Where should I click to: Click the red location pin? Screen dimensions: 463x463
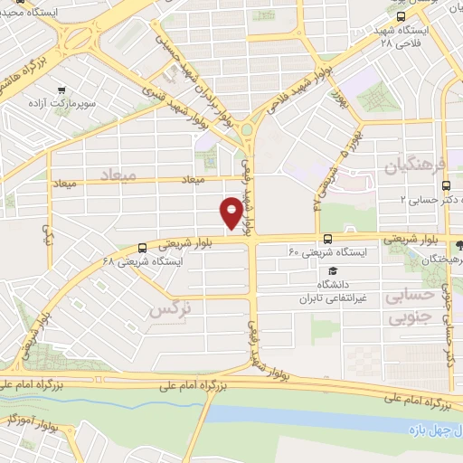click(x=231, y=213)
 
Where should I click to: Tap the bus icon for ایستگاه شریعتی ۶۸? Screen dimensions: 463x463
click(x=142, y=248)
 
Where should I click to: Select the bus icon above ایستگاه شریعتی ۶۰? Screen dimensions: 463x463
click(x=326, y=240)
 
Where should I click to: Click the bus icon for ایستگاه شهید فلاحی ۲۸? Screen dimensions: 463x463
click(x=402, y=16)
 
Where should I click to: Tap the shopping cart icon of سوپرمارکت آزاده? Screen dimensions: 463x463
click(x=61, y=90)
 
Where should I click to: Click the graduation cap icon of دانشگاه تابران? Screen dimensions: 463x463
click(x=332, y=270)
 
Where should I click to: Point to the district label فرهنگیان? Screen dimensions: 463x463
click(x=415, y=167)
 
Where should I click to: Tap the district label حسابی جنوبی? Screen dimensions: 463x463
click(x=409, y=306)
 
